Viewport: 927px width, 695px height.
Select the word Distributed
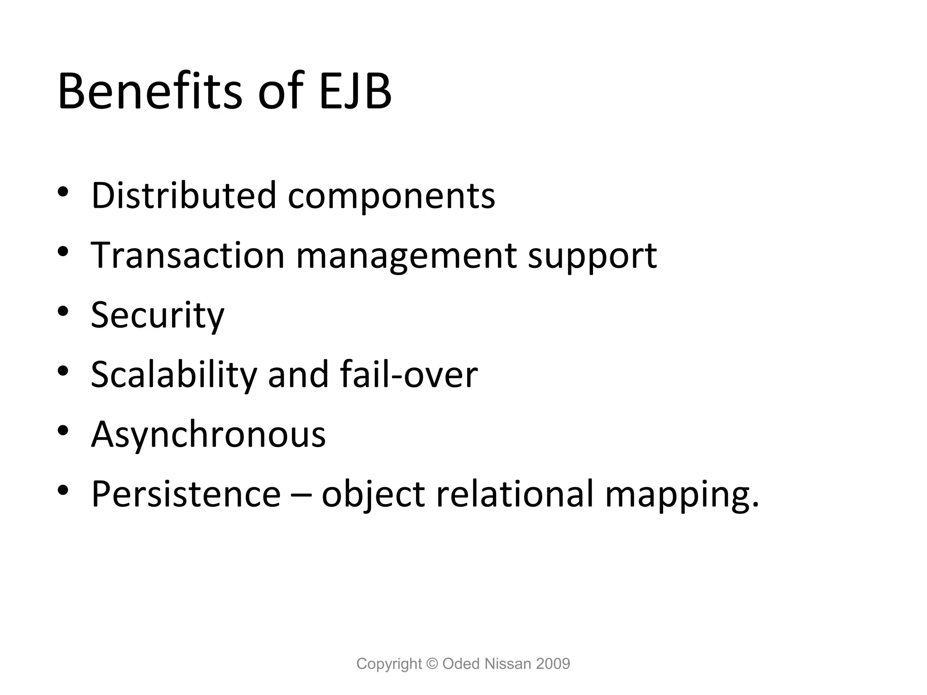pos(184,195)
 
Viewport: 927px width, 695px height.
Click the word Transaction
pos(187,255)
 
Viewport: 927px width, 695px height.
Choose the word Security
pos(158,315)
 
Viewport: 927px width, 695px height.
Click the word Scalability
pos(174,375)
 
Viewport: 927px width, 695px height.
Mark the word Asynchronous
pos(208,434)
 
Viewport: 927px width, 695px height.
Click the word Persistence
pos(186,494)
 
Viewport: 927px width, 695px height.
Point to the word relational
pos(515,494)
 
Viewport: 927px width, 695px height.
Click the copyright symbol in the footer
pos(432,664)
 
